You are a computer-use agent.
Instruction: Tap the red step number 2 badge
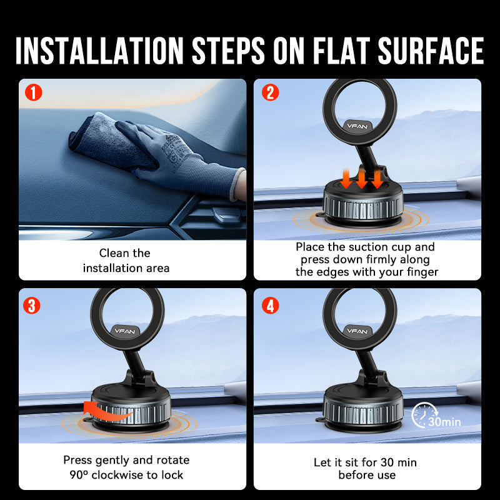(x=270, y=94)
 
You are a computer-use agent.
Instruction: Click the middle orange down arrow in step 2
(x=362, y=177)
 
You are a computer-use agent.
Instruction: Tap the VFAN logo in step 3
(x=124, y=329)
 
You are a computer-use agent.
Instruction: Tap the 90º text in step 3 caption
(x=79, y=475)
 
